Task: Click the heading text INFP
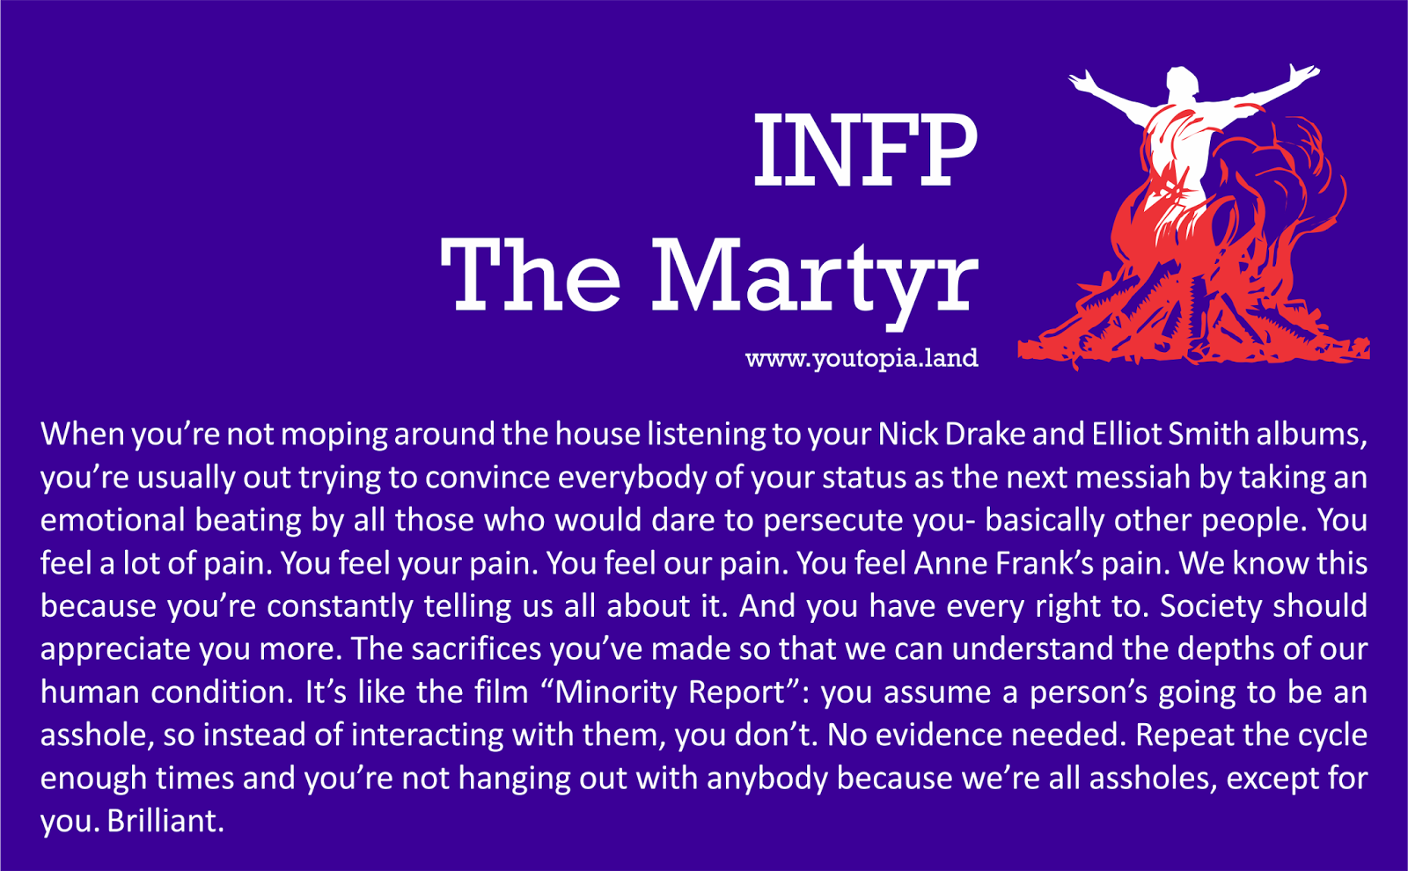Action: click(865, 150)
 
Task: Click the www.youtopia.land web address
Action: click(862, 358)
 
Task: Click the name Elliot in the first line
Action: click(1126, 434)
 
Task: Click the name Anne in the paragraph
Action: click(951, 563)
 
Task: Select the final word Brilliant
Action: click(165, 822)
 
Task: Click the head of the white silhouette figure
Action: click(1183, 84)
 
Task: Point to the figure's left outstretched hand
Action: click(1082, 80)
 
